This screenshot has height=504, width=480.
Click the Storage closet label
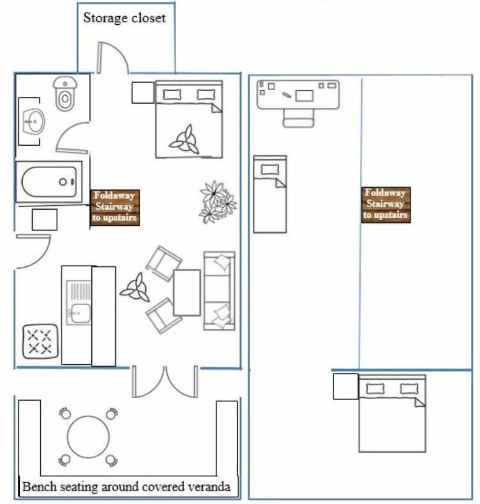(124, 18)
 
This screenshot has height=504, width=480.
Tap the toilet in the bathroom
(65, 94)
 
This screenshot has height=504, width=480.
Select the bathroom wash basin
(34, 121)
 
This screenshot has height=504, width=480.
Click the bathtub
(49, 181)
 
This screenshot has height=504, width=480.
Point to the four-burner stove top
(40, 341)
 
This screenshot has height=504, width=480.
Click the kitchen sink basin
(79, 313)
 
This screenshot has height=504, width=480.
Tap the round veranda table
(88, 436)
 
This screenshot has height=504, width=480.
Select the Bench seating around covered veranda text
(126, 487)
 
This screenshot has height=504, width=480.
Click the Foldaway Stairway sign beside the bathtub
(115, 207)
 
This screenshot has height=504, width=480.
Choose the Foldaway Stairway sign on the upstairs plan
(386, 205)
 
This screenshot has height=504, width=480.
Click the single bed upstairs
(270, 194)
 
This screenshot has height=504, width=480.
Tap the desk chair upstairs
(298, 118)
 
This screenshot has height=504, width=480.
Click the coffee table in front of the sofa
(187, 292)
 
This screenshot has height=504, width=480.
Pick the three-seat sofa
(219, 291)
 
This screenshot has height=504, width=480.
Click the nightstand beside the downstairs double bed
(143, 93)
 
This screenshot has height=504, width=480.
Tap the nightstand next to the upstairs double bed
(345, 387)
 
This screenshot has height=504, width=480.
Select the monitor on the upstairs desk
(304, 96)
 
